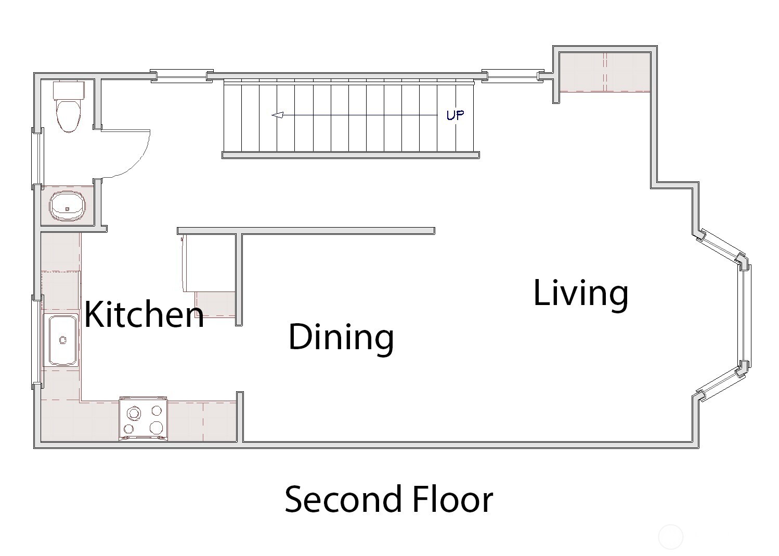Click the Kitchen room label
(x=144, y=314)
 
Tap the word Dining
(x=341, y=336)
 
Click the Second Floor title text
(x=389, y=499)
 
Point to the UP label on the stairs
(x=455, y=115)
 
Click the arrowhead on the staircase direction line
(x=278, y=115)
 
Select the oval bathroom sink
(x=68, y=206)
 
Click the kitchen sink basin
(x=62, y=340)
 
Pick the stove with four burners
(x=144, y=419)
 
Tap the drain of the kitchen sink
(x=63, y=340)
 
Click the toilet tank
(x=69, y=90)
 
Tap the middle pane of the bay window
(x=745, y=320)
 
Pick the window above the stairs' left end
(x=182, y=75)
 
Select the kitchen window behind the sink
(x=37, y=341)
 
